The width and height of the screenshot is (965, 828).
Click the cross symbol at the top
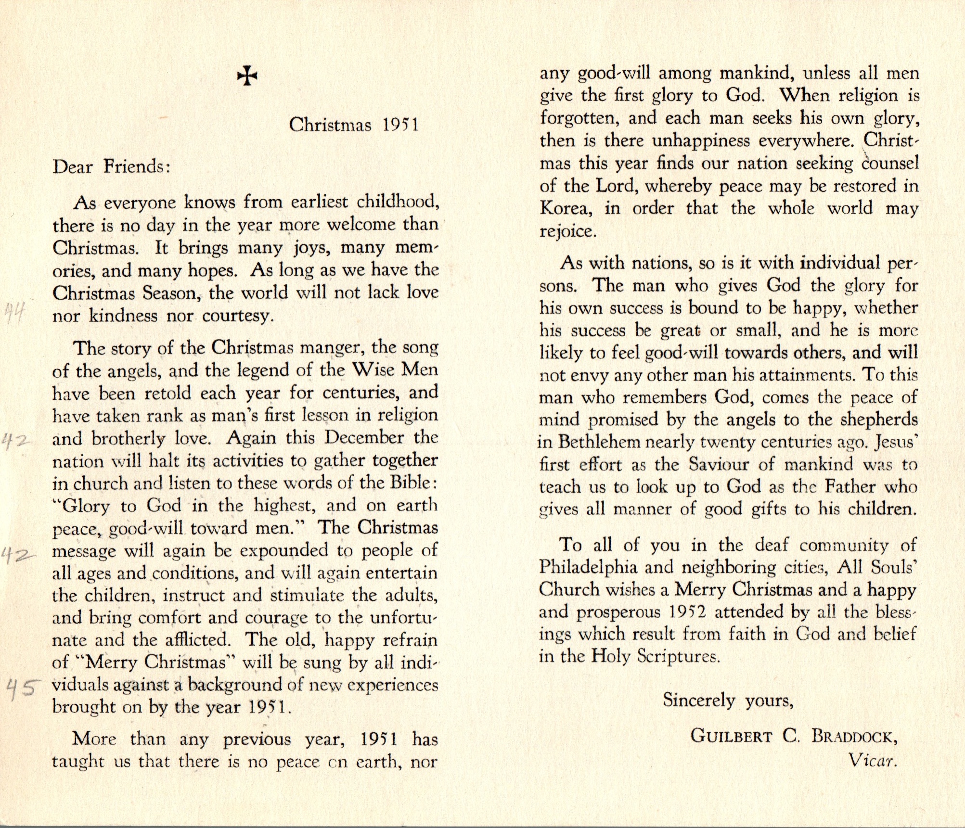pyautogui.click(x=247, y=76)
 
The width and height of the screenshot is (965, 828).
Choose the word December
pyautogui.click(x=364, y=438)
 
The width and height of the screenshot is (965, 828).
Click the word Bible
pyautogui.click(x=412, y=483)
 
